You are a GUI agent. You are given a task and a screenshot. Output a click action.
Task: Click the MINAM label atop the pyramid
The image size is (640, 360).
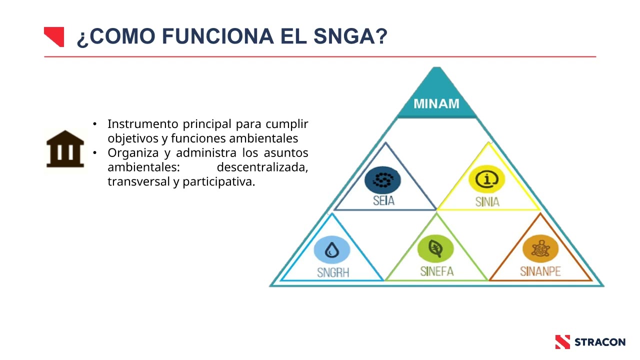(x=436, y=104)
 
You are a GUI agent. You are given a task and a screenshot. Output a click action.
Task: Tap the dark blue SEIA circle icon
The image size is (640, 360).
(x=382, y=180)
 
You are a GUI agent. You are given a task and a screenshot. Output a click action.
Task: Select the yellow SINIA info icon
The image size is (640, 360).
(x=486, y=180)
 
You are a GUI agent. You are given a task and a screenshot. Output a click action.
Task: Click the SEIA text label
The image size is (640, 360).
(x=383, y=201)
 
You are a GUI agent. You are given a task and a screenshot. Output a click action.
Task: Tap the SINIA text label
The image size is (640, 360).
(x=487, y=202)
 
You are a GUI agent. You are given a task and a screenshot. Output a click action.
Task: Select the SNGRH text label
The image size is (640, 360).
(x=332, y=272)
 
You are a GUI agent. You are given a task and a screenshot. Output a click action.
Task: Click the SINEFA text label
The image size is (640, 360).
(x=436, y=271)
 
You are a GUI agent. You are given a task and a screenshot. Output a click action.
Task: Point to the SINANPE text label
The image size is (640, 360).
(x=540, y=271)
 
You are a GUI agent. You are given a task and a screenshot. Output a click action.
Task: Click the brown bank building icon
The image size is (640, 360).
(x=65, y=148)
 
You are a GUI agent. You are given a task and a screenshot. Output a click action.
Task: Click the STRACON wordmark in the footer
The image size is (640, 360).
(x=599, y=342)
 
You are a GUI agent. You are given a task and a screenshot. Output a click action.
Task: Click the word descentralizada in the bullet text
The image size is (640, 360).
(x=262, y=167)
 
